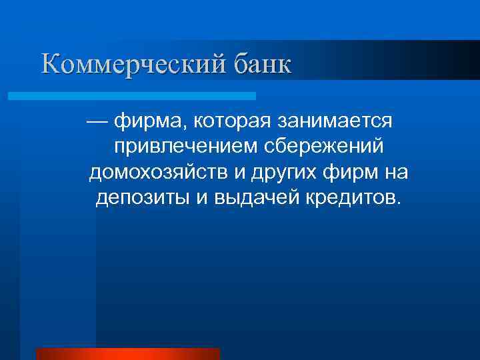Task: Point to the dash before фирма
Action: point(97,123)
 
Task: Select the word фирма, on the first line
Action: point(144,123)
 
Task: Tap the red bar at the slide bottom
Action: point(127,354)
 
